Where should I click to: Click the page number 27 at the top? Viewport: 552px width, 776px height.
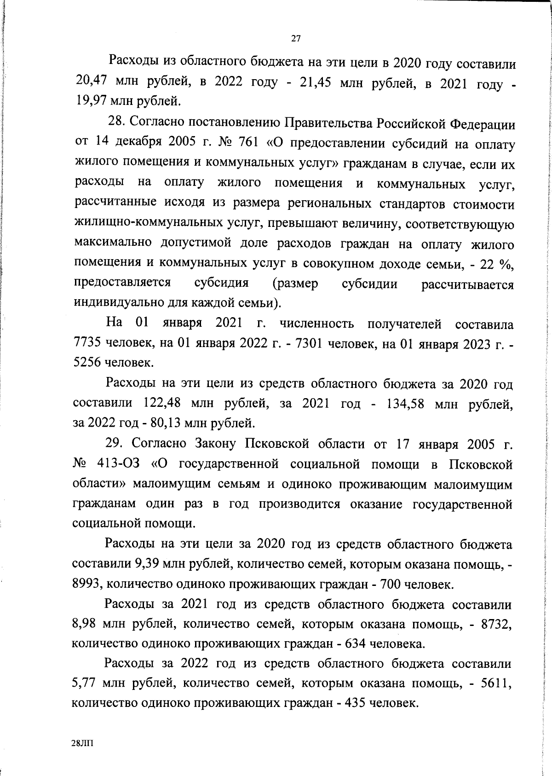pyautogui.click(x=296, y=39)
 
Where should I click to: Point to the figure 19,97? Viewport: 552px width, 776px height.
pyautogui.click(x=91, y=100)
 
